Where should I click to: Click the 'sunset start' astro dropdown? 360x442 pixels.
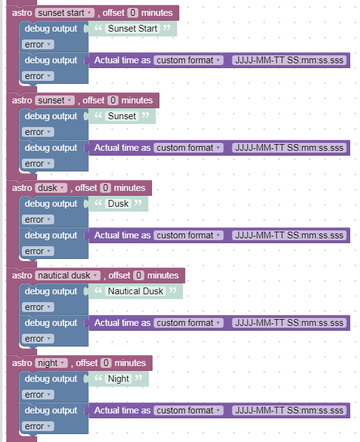point(65,13)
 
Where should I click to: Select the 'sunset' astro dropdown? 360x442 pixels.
point(55,100)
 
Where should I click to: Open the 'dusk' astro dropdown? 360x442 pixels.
point(51,188)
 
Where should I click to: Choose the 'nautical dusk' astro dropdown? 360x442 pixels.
point(67,275)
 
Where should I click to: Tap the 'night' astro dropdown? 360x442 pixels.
point(51,363)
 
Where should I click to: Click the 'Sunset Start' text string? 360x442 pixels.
point(133,29)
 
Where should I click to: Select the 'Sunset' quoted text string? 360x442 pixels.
point(122,116)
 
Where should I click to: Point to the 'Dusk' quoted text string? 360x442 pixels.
point(119,204)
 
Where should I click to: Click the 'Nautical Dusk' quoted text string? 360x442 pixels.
point(136,291)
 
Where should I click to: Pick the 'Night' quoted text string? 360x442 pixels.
point(119,379)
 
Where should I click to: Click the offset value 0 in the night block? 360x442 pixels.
point(106,363)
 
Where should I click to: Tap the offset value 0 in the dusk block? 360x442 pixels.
point(105,188)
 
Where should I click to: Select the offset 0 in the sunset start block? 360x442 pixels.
point(133,13)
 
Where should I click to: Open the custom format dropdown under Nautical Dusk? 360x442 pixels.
point(189,323)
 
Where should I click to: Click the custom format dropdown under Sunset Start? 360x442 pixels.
point(189,60)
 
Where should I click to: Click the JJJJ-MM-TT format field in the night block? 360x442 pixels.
point(289,410)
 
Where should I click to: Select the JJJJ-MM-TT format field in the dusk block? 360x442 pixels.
point(289,235)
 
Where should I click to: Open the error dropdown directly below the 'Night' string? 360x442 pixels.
point(38,395)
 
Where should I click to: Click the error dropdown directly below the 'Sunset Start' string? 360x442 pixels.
point(38,44)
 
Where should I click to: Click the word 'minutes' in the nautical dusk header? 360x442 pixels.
point(163,275)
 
